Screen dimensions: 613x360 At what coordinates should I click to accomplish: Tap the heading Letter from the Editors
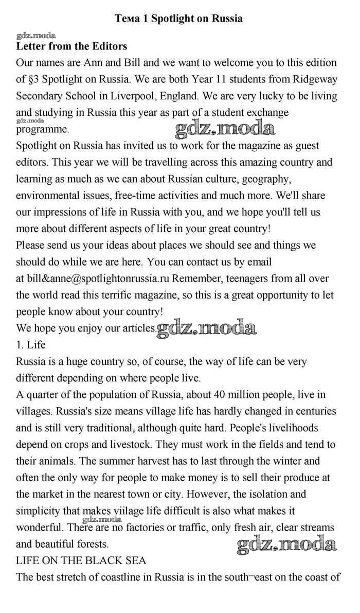click(71, 46)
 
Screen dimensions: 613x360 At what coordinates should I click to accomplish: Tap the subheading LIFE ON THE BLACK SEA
click(81, 560)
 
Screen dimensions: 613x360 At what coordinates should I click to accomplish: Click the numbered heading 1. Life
click(31, 344)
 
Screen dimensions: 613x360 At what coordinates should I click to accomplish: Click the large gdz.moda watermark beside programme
click(224, 128)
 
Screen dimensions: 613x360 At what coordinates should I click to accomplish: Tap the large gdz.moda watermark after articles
click(207, 327)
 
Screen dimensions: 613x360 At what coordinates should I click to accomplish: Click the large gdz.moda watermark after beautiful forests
click(286, 544)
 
